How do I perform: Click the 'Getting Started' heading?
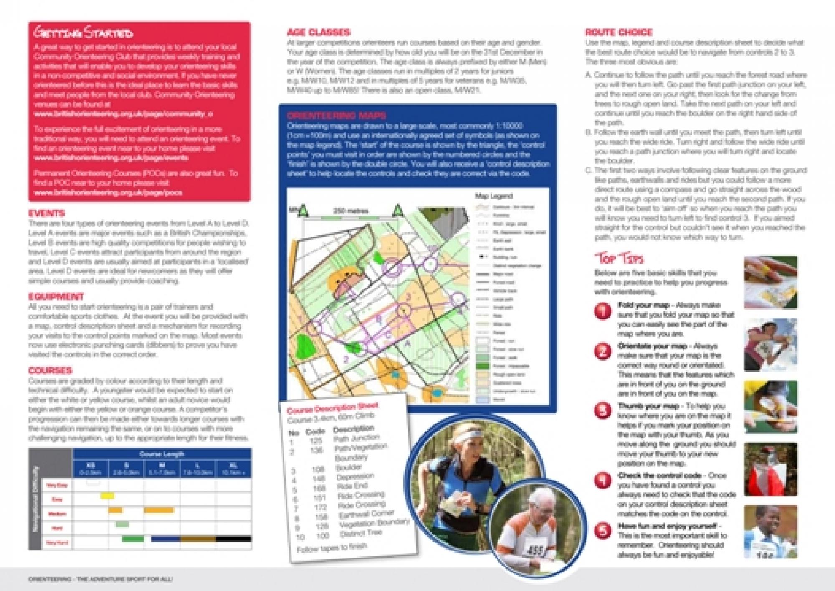point(83,33)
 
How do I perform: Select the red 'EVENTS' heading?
point(47,213)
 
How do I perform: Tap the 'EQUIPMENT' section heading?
point(56,297)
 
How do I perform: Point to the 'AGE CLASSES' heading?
point(319,32)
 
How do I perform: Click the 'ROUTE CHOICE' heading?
point(618,32)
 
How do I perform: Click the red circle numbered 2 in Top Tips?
point(602,352)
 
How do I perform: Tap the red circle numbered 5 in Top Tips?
point(602,531)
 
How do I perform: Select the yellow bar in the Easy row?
point(107,496)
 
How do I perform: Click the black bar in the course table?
point(234,539)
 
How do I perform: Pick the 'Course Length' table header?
point(162,454)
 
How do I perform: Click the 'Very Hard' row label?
point(57,543)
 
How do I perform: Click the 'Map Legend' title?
point(493,196)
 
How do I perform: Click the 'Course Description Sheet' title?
point(332,408)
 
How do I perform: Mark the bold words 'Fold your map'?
point(643,305)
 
